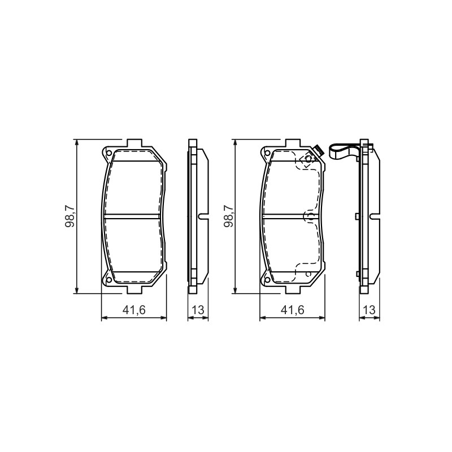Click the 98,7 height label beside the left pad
70,216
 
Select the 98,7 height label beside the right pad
229,216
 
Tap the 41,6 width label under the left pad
134,310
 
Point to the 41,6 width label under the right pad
293,310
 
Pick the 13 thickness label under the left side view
198,310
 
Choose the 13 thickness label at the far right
370,310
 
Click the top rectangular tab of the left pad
134,143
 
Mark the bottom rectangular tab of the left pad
134,290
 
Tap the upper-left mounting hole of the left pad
108,153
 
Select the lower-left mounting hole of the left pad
108,280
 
